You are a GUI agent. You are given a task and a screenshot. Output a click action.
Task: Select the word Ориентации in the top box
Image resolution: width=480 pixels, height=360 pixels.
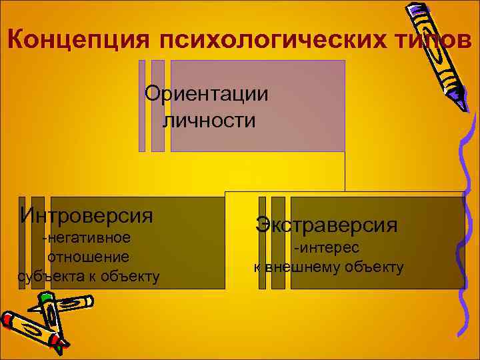[207, 93]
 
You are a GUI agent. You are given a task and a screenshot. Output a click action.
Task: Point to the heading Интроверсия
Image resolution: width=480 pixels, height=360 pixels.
[87, 215]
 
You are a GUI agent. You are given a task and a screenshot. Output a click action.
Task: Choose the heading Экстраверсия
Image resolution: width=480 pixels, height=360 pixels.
[326, 224]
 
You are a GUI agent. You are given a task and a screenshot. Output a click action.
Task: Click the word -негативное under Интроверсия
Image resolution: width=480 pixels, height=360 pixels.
[86, 238]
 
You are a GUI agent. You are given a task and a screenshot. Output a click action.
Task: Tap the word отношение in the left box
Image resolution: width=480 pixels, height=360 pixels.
[88, 257]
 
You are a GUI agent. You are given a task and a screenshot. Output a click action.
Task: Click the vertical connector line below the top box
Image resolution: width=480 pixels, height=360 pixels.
[345, 171]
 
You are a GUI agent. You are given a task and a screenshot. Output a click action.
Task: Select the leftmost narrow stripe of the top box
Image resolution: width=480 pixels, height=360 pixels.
[142, 105]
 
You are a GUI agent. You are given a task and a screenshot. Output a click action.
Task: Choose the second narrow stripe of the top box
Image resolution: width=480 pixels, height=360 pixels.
[158, 105]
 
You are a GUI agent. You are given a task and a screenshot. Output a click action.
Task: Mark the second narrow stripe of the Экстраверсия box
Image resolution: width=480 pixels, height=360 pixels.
[278, 243]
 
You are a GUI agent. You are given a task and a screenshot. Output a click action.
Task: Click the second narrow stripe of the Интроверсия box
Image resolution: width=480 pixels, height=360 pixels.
[38, 243]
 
